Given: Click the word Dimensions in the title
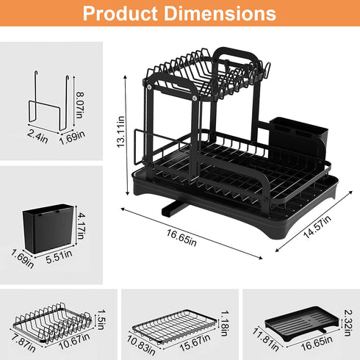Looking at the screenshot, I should (225, 14).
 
